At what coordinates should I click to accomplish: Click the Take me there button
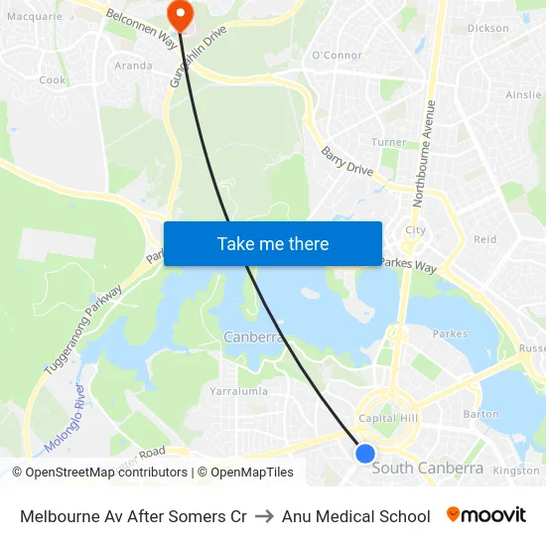click(273, 243)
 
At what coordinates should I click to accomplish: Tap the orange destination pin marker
click(181, 14)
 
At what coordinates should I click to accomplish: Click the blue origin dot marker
click(365, 453)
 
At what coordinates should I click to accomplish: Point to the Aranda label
click(134, 66)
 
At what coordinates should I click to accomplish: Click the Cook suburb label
click(53, 80)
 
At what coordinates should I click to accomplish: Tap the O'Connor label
click(338, 56)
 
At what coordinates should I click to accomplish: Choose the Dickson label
click(487, 29)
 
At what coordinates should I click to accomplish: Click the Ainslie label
click(523, 95)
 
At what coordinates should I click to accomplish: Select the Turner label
click(389, 143)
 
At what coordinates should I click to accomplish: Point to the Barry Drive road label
click(346, 162)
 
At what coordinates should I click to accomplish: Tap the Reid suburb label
click(484, 239)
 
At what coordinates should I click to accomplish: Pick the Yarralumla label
click(238, 391)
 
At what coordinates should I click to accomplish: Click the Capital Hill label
click(387, 419)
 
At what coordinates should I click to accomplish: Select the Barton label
click(480, 414)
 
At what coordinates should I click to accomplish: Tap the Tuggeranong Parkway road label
click(82, 331)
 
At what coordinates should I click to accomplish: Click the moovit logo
click(486, 515)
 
